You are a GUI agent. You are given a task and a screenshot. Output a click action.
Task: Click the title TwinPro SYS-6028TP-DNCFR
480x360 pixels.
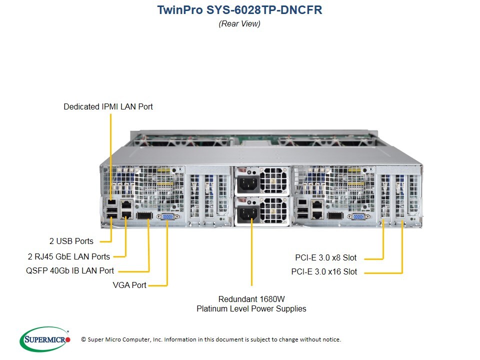pyautogui.click(x=239, y=9)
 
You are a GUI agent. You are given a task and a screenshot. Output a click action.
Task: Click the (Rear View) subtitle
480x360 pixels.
pyautogui.click(x=239, y=23)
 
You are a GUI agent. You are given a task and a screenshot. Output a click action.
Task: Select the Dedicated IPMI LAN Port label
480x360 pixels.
pyautogui.click(x=108, y=106)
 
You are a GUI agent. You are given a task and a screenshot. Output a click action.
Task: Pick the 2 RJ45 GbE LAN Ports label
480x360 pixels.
pyautogui.click(x=68, y=256)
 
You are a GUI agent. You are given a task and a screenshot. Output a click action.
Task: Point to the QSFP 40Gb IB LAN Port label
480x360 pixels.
pyautogui.click(x=69, y=270)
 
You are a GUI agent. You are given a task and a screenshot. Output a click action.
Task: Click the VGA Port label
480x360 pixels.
pyautogui.click(x=130, y=285)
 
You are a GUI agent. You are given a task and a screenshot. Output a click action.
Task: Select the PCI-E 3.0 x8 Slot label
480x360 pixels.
pyautogui.click(x=325, y=258)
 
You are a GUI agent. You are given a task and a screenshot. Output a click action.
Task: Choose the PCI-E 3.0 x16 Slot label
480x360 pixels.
pyautogui.click(x=324, y=272)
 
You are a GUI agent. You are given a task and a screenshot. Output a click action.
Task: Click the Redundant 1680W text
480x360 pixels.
pyautogui.click(x=251, y=298)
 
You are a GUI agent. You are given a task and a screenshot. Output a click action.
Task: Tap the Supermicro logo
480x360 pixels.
pyautogui.click(x=44, y=339)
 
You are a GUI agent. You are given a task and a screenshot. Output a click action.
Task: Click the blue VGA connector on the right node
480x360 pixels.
pyautogui.click(x=358, y=216)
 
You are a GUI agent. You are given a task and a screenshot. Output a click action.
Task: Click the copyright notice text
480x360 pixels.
pyautogui.click(x=210, y=339)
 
